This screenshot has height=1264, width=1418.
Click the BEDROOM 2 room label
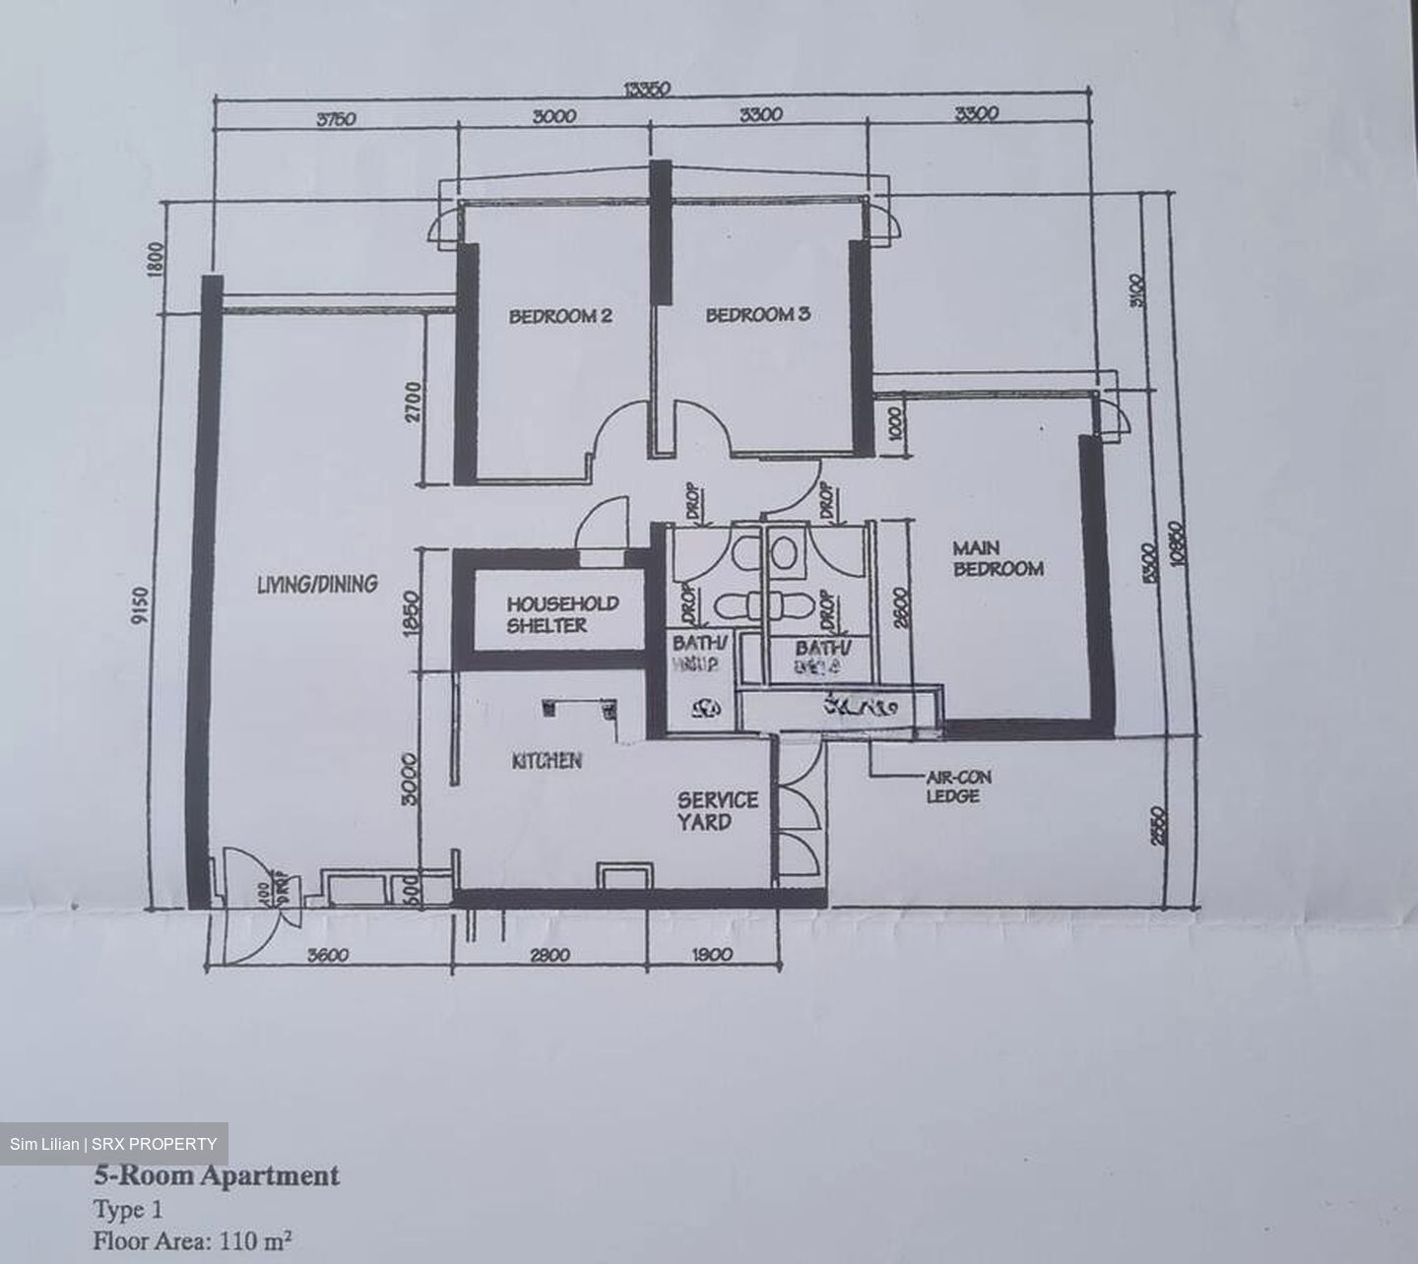click(x=560, y=316)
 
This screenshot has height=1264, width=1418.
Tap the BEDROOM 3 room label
click(x=757, y=315)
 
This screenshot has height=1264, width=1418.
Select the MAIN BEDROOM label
click(x=997, y=558)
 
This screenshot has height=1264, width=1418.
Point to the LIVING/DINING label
click(x=316, y=584)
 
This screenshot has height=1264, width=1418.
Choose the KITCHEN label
click(x=547, y=761)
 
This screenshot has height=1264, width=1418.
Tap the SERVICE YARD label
click(x=717, y=810)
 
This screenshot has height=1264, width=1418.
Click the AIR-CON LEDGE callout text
click(x=958, y=787)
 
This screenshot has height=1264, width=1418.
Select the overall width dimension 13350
click(x=647, y=90)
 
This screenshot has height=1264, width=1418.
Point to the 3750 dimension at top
click(x=336, y=119)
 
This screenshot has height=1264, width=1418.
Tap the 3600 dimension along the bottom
click(x=330, y=954)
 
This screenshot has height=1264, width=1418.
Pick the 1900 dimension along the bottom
click(x=712, y=954)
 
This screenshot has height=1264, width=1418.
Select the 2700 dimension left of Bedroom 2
click(x=414, y=403)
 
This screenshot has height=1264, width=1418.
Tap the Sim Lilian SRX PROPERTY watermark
click(x=113, y=1144)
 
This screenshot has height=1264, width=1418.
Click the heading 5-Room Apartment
click(x=217, y=1175)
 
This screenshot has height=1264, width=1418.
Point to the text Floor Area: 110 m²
click(x=193, y=1240)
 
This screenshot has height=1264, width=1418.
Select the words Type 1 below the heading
click(x=128, y=1209)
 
